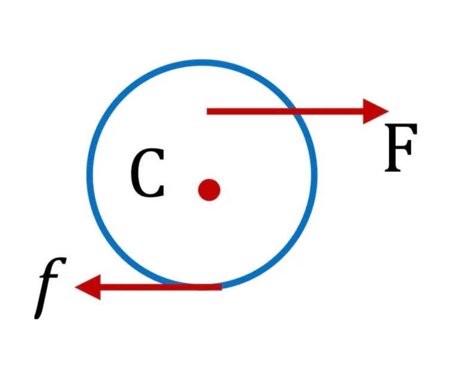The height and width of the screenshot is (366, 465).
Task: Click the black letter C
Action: pyautogui.click(x=147, y=173)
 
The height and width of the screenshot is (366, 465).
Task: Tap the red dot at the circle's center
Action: pyautogui.click(x=209, y=190)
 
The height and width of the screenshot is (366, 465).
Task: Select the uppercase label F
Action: pyautogui.click(x=401, y=147)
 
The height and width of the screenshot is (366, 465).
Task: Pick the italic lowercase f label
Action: pyautogui.click(x=50, y=288)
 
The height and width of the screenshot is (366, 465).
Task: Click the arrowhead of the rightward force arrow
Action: pyautogui.click(x=375, y=111)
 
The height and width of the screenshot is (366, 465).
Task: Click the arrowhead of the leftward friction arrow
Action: pyautogui.click(x=88, y=287)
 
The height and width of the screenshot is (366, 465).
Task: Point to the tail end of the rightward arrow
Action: pyautogui.click(x=207, y=112)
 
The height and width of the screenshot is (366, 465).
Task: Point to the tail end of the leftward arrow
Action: pyautogui.click(x=221, y=287)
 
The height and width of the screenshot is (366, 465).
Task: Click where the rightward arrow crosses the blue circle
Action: pyautogui.click(x=295, y=112)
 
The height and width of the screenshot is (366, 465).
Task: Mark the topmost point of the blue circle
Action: pyautogui.click(x=202, y=63)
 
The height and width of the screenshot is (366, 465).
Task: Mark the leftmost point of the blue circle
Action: pyautogui.click(x=90, y=174)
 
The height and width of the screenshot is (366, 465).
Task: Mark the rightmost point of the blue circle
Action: pyautogui.click(x=315, y=174)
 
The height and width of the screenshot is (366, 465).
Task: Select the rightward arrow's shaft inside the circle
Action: pyautogui.click(x=249, y=112)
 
